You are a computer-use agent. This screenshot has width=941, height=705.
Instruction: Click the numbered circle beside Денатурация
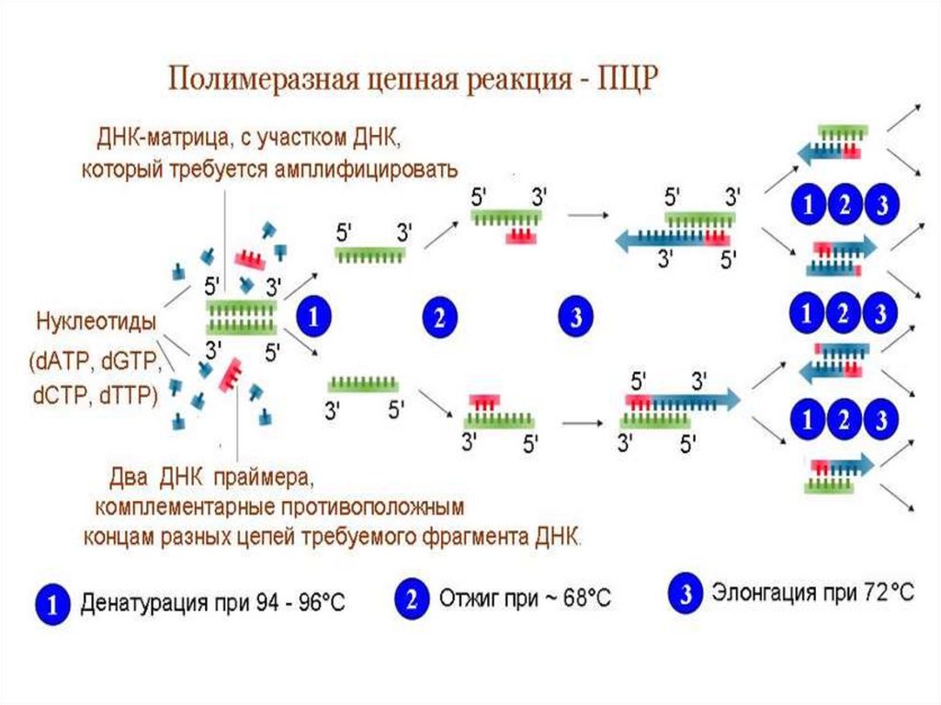click(52, 603)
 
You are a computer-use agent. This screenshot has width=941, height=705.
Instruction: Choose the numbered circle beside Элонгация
click(686, 595)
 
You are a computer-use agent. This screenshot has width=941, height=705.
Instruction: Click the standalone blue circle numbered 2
click(439, 319)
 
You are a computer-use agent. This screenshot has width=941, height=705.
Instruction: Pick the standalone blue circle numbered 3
click(576, 319)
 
